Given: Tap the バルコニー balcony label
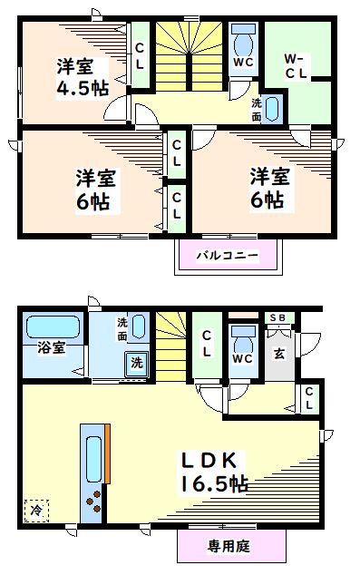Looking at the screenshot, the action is [x=228, y=255].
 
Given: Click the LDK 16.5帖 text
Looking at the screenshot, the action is [x=215, y=471].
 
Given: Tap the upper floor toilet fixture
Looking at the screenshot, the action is [x=242, y=42].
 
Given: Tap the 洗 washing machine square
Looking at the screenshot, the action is [x=136, y=363].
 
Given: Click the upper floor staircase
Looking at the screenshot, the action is [x=190, y=54].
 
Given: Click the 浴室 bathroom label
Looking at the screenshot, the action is [x=49, y=347].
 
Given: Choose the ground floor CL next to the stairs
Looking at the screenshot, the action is [x=207, y=345].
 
